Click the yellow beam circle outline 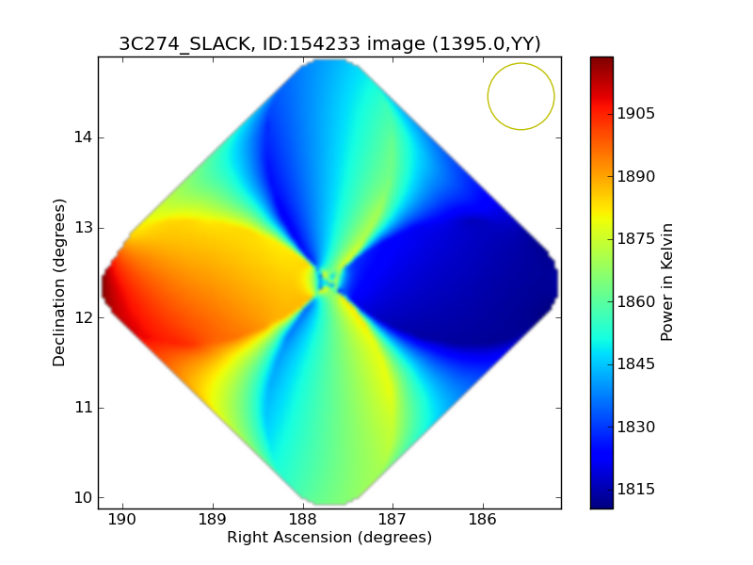point(488,96)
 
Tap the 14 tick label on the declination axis point(83,137)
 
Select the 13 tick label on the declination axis point(83,228)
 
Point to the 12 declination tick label point(83,317)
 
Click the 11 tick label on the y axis point(83,408)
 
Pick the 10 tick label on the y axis point(83,497)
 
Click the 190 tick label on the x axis point(122,520)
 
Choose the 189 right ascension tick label point(213,520)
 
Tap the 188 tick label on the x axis point(303,520)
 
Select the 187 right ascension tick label point(393,520)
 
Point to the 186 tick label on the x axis point(483,520)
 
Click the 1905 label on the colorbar point(636,114)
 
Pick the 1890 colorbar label point(636,177)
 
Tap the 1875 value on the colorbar point(636,239)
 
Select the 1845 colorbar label point(636,364)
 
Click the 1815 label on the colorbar point(636,489)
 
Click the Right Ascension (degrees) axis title point(329,538)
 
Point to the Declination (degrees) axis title point(58,282)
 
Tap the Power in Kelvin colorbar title point(666,282)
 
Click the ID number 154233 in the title point(312,43)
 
